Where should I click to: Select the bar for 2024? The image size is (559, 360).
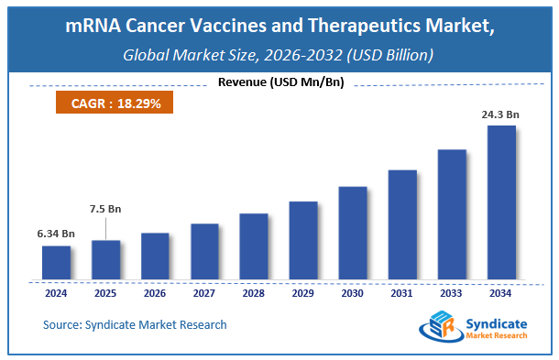[56, 262]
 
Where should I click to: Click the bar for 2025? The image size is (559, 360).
[105, 259]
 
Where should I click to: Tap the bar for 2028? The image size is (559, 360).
[254, 245]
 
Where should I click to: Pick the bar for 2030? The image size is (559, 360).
[353, 233]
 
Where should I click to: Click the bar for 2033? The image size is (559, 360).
[452, 213]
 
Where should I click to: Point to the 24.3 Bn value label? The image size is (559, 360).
[501, 115]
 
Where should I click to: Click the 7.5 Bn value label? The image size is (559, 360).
[106, 209]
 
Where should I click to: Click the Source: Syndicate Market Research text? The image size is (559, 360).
[135, 324]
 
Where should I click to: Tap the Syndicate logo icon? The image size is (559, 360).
[438, 328]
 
